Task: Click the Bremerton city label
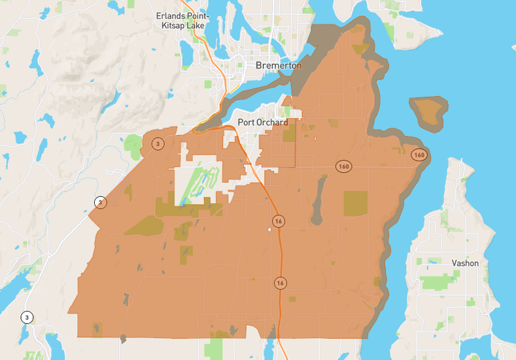pos(279,65)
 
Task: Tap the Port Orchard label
pos(262,122)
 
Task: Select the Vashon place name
pos(465,263)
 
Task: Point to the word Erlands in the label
pos(171,16)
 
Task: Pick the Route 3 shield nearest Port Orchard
pos(158,143)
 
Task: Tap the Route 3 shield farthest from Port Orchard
pos(27,317)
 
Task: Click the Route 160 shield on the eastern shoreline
pos(419,155)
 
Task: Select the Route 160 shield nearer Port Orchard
pos(344,166)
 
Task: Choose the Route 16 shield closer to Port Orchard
pos(279,221)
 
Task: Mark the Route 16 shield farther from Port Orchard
pos(280,283)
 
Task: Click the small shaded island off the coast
pos(428,111)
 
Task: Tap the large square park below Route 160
pos(356,204)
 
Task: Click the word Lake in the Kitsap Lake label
pos(195,26)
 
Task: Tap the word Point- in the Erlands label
pos(198,16)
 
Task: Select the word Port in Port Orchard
pos(246,122)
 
